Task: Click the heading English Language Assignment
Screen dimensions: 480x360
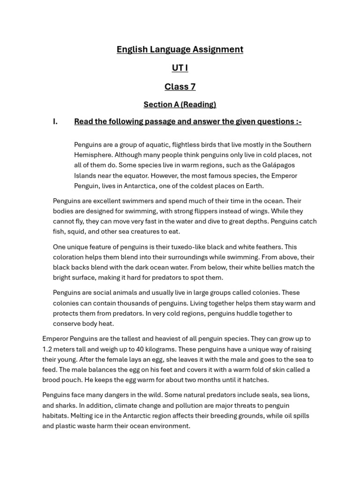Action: [180, 49]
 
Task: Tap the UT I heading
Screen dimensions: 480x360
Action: [180, 68]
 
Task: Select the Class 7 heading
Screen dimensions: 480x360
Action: [180, 87]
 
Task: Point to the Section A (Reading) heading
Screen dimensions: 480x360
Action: [180, 104]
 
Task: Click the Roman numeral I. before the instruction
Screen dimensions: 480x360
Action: [55, 122]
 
